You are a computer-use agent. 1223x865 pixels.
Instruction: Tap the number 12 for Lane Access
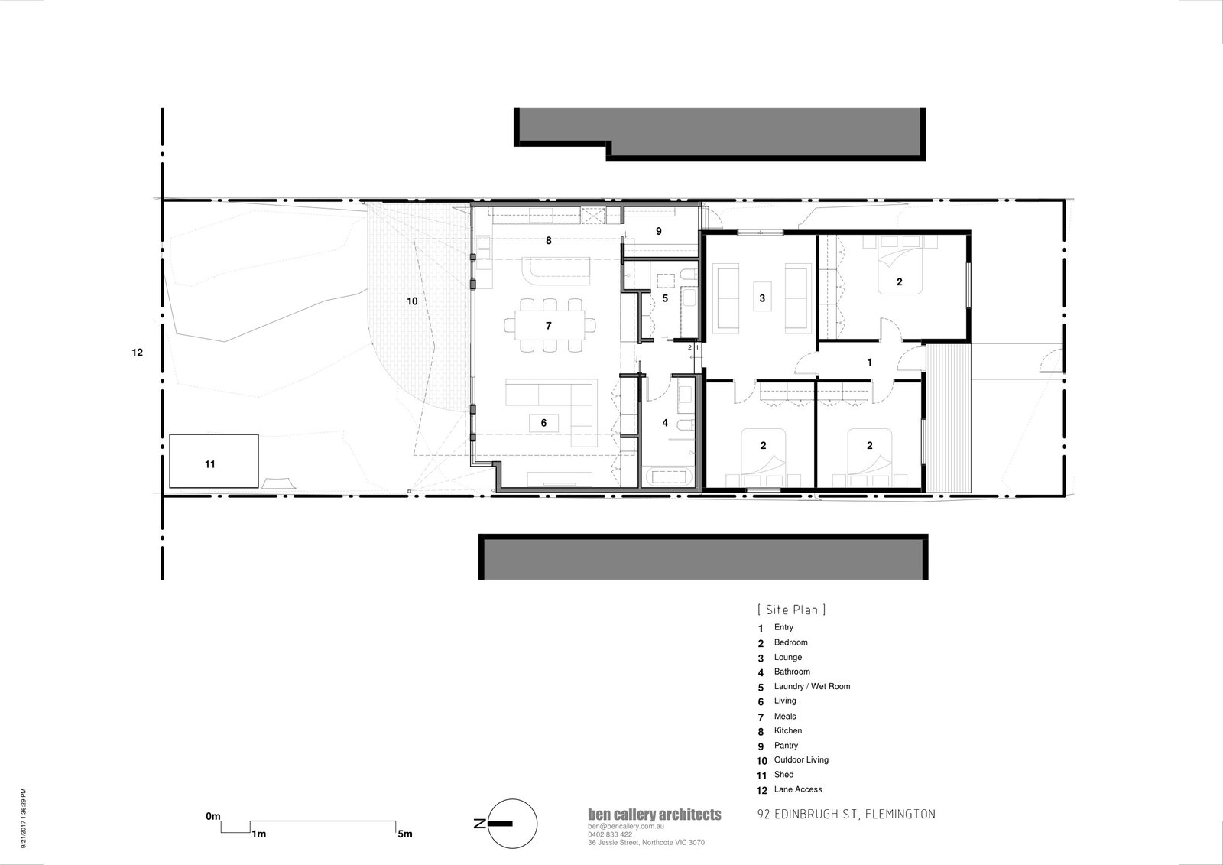pyautogui.click(x=137, y=353)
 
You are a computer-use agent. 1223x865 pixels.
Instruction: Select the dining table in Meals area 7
pyautogui.click(x=550, y=326)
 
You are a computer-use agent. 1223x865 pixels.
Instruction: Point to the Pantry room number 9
pyautogui.click(x=658, y=231)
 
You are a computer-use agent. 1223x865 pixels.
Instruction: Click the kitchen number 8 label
pyautogui.click(x=549, y=240)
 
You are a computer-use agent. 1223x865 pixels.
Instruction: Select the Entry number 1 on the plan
pyautogui.click(x=870, y=362)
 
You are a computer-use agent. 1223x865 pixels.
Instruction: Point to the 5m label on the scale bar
pyautogui.click(x=404, y=834)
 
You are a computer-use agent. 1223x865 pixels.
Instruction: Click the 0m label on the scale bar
pyautogui.click(x=213, y=816)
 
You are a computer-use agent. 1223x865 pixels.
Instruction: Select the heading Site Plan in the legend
pyautogui.click(x=792, y=610)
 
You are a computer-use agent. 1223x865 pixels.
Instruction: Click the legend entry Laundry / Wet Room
pyautogui.click(x=812, y=686)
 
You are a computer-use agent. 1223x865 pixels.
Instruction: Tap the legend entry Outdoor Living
pyautogui.click(x=801, y=760)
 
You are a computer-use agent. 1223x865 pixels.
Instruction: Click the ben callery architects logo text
pyautogui.click(x=654, y=815)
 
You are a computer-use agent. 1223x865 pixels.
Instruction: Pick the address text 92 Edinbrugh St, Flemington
pyautogui.click(x=846, y=815)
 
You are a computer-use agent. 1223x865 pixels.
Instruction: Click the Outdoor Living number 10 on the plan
pyautogui.click(x=412, y=301)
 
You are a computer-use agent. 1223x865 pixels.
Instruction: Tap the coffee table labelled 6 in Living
pyautogui.click(x=543, y=423)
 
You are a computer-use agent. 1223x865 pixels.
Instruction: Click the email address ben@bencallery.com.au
pyautogui.click(x=626, y=827)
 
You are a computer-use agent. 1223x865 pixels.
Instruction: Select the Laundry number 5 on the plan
pyautogui.click(x=665, y=298)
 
